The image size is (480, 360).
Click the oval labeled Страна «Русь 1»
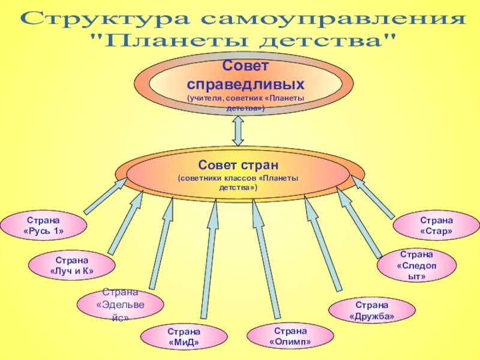tap(43, 225)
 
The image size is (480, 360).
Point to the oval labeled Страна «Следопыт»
tap(416, 266)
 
